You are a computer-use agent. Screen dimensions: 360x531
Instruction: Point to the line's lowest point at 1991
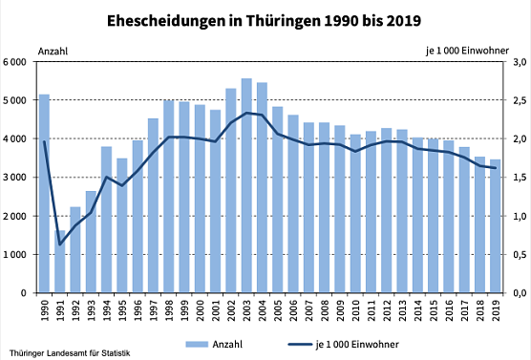59,244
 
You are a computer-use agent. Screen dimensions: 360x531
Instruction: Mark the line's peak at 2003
246,113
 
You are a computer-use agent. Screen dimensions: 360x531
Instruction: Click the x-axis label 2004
263,310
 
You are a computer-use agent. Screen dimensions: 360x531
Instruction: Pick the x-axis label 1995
122,310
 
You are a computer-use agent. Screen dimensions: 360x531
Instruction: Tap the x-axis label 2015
434,310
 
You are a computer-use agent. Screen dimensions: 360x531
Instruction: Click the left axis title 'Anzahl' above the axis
53,49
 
